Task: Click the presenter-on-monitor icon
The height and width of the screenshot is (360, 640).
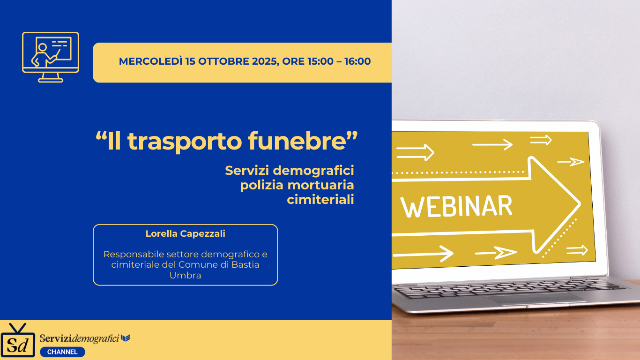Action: (51, 57)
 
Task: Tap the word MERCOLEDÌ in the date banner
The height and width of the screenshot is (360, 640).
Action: (150, 61)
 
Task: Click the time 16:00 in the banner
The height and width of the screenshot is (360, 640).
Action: (357, 61)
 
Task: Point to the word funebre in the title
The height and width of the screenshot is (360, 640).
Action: (298, 141)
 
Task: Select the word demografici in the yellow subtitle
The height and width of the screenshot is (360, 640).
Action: (313, 171)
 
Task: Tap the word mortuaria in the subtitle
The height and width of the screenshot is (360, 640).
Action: (320, 185)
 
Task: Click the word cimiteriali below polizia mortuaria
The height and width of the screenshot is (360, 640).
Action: (320, 199)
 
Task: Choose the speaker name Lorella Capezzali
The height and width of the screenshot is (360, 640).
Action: (186, 233)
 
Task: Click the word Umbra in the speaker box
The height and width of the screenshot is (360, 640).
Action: (185, 275)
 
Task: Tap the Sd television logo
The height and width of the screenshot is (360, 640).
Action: (18, 340)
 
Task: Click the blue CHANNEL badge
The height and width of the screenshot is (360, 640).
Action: (62, 352)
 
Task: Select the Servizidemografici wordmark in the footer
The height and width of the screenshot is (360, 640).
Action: (85, 338)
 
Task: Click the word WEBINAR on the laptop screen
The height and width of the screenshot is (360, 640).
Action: (456, 206)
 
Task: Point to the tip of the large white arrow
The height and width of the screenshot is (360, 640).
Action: (580, 203)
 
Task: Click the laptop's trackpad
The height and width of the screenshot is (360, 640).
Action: (534, 299)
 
